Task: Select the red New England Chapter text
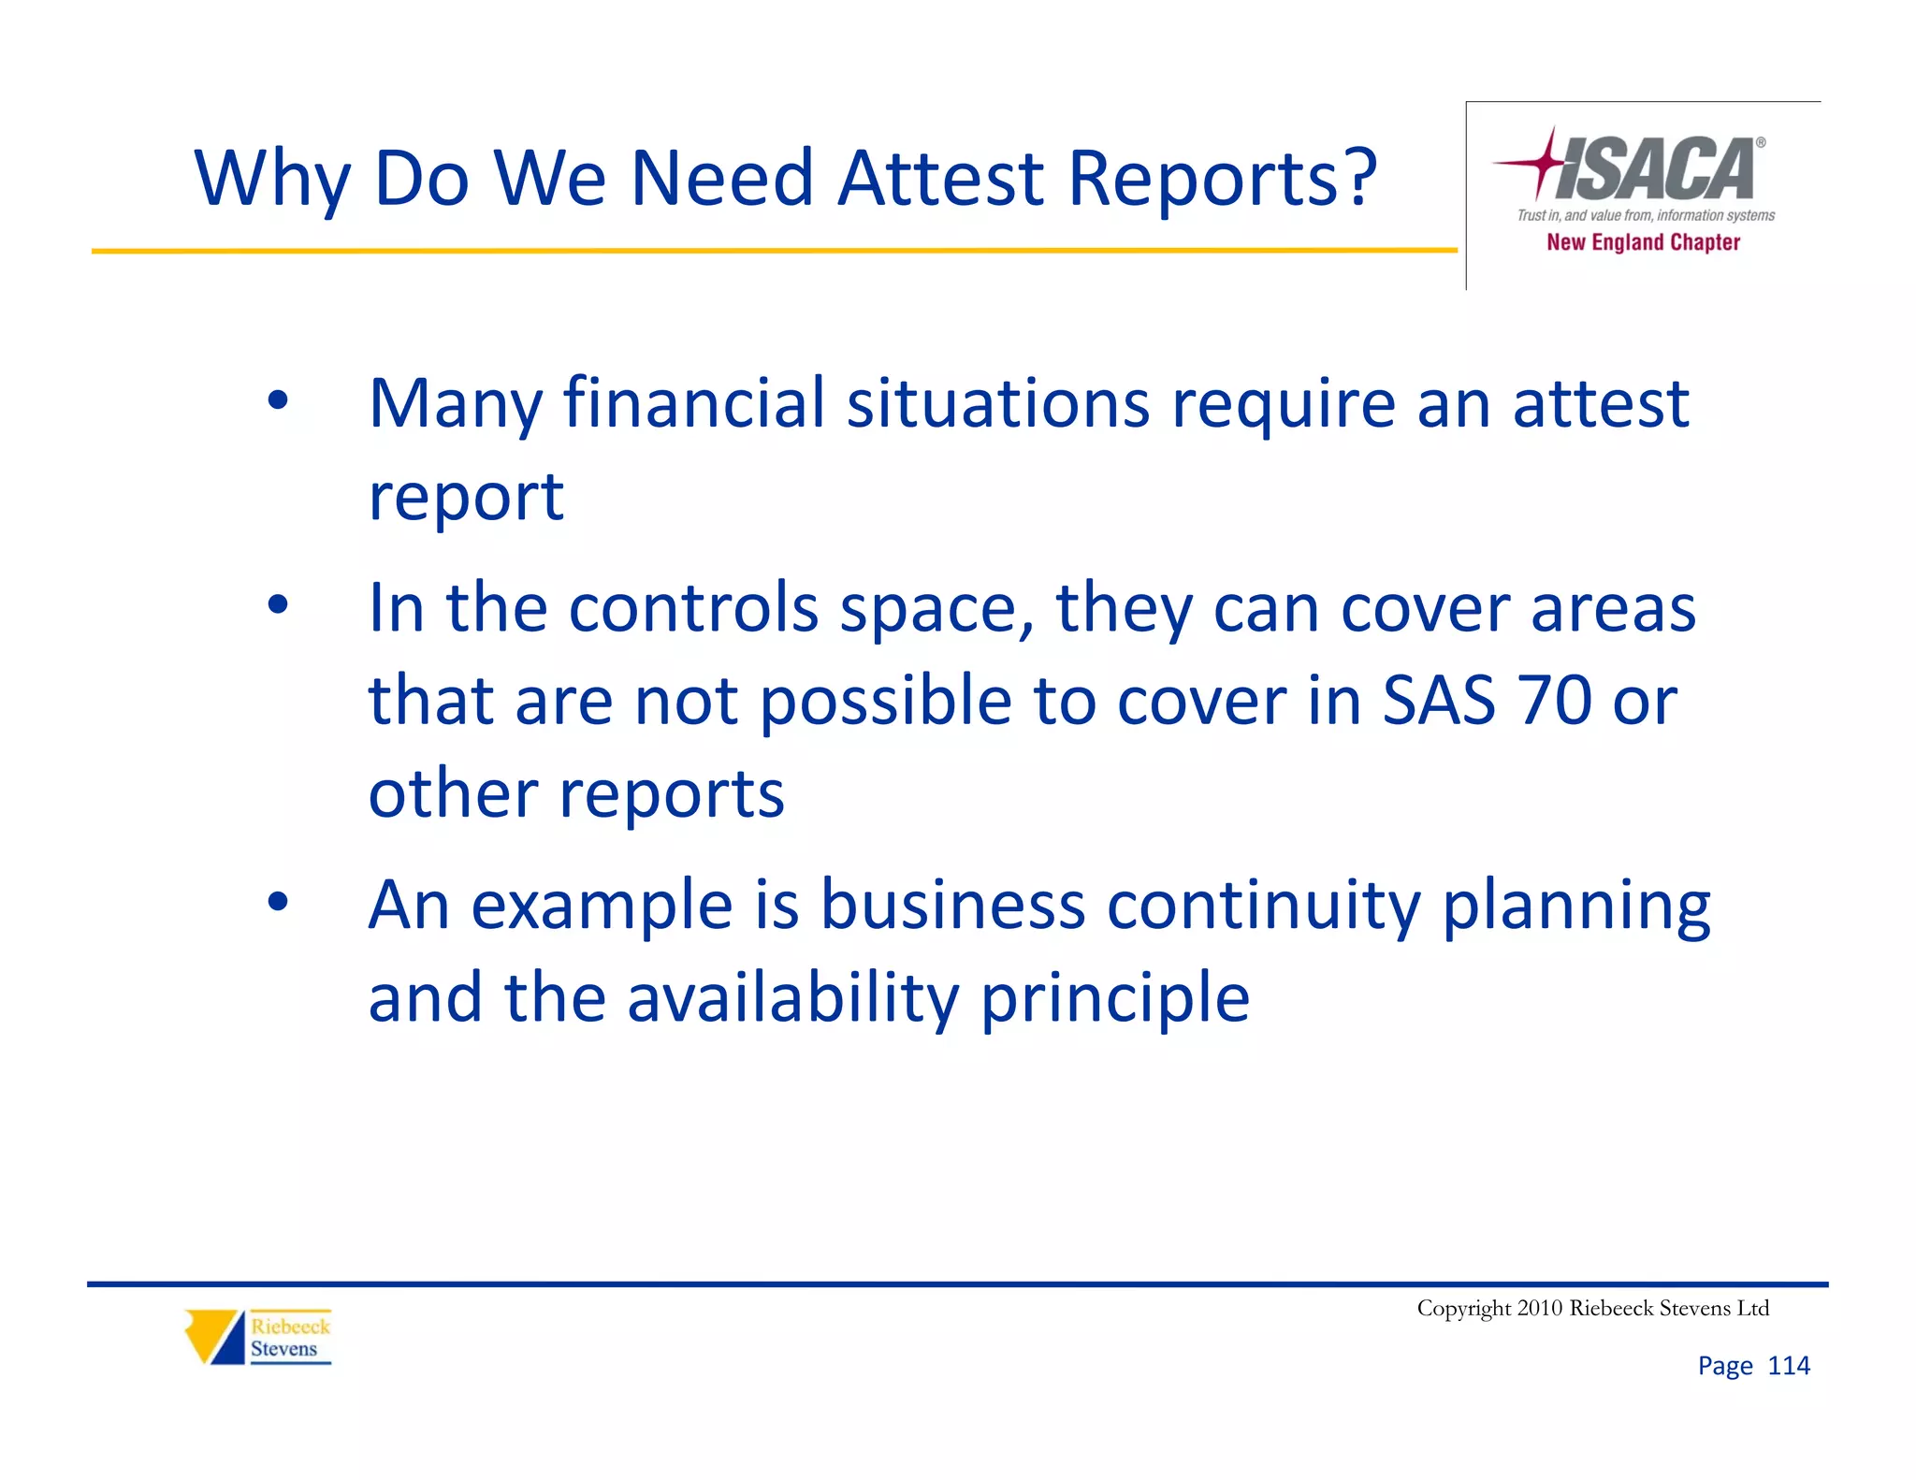pyautogui.click(x=1643, y=242)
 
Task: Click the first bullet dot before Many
pyautogui.click(x=278, y=400)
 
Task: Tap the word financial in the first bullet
pyautogui.click(x=693, y=403)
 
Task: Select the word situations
pyautogui.click(x=997, y=403)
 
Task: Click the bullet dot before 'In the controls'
pyautogui.click(x=278, y=603)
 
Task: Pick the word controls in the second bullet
pyautogui.click(x=693, y=608)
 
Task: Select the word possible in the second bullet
pyautogui.click(x=885, y=702)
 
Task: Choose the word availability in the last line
pyautogui.click(x=792, y=997)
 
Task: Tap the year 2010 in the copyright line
pyautogui.click(x=1540, y=1308)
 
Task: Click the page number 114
pyautogui.click(x=1788, y=1366)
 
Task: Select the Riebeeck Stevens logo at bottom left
pyautogui.click(x=258, y=1337)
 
